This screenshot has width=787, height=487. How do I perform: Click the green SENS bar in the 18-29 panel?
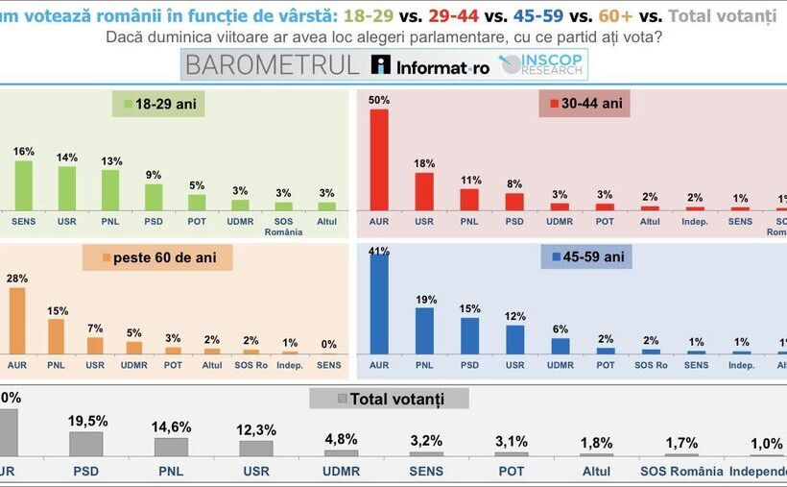(x=23, y=185)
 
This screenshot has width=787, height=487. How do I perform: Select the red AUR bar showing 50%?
(x=379, y=159)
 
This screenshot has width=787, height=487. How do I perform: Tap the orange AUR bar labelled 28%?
(x=16, y=321)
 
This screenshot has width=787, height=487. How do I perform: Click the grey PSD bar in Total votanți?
(x=85, y=444)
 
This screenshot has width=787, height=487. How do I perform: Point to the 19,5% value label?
(x=87, y=421)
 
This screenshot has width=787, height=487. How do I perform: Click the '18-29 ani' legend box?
(x=159, y=104)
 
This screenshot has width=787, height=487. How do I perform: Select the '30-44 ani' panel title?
(x=584, y=103)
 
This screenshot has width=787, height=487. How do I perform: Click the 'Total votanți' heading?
(x=390, y=399)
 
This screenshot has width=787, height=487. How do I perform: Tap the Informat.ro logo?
(x=432, y=65)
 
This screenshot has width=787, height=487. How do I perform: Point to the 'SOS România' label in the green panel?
(x=283, y=226)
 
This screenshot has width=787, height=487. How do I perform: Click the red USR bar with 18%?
(x=423, y=191)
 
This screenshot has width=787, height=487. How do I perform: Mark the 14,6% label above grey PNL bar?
(x=172, y=427)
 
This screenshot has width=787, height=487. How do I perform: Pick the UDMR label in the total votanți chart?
(x=341, y=471)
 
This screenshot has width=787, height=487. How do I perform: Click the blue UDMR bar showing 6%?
(x=560, y=346)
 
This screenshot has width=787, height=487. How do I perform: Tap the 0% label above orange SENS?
(x=328, y=344)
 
